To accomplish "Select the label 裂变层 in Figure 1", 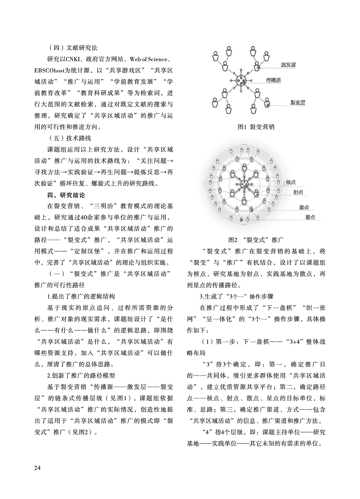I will click(x=297, y=103).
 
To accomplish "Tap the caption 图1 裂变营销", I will click(x=256, y=127).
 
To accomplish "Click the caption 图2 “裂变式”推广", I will click(x=256, y=240).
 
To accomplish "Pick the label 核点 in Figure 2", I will click(x=291, y=182).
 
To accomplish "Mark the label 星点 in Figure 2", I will click(x=310, y=217).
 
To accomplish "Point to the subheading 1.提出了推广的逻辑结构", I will click(x=81, y=296).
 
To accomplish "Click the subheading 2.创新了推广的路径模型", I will click(x=81, y=376).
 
